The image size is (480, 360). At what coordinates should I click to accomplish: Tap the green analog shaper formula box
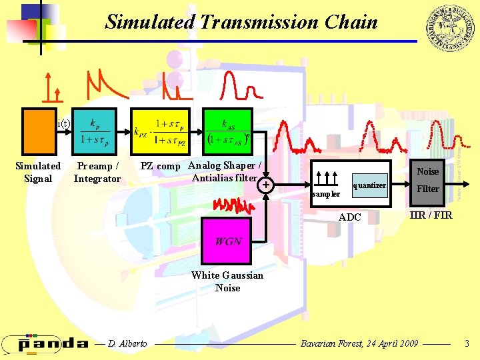[x=227, y=131]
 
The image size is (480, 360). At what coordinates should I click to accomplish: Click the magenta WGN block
[x=227, y=241]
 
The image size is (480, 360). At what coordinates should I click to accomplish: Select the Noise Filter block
[x=427, y=180]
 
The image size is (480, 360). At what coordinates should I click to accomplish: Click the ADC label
[x=349, y=217]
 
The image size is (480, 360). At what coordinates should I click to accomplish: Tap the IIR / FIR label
[x=431, y=215]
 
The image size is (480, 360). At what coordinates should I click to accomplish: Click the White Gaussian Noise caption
[x=227, y=281]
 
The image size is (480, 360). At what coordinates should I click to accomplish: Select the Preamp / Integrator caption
[x=97, y=172]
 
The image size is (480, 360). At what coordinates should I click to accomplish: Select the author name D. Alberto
[x=127, y=343]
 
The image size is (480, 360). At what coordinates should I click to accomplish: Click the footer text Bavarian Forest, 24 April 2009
[x=359, y=343]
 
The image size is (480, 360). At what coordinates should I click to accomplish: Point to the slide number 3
[x=467, y=343]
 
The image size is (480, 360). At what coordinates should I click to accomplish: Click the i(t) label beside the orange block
[x=64, y=123]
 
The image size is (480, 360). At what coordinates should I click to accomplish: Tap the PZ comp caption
[x=160, y=166]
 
